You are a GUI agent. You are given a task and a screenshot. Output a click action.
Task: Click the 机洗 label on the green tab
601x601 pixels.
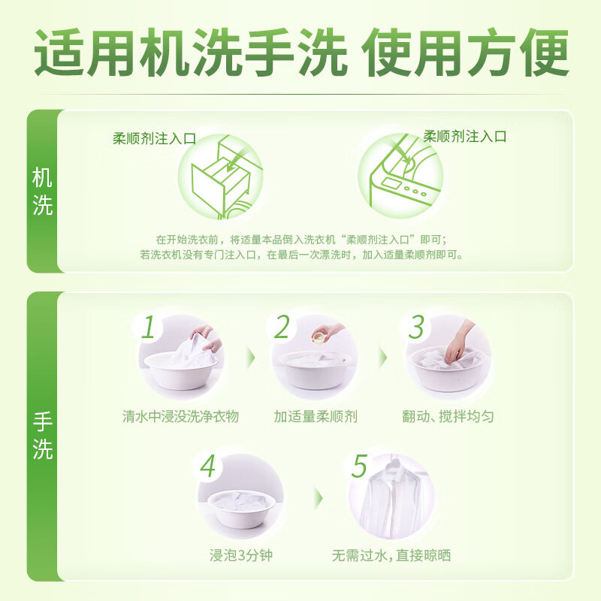pyautogui.click(x=43, y=192)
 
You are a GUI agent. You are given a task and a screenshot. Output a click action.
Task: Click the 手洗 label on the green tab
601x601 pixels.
pyautogui.click(x=43, y=436)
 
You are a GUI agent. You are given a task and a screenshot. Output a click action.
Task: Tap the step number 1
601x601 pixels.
pyautogui.click(x=149, y=328)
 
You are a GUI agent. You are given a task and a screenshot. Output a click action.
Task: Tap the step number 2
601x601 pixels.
pyautogui.click(x=282, y=328)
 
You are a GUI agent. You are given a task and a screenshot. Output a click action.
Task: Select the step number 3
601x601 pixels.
pyautogui.click(x=416, y=328)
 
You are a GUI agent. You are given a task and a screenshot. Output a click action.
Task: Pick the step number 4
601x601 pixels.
pyautogui.click(x=207, y=467)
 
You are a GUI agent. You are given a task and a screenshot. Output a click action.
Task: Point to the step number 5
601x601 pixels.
pyautogui.click(x=359, y=467)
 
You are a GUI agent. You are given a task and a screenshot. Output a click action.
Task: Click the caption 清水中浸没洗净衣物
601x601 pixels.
pyautogui.click(x=180, y=416)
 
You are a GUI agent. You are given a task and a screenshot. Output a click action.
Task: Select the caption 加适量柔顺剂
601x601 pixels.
pyautogui.click(x=315, y=416)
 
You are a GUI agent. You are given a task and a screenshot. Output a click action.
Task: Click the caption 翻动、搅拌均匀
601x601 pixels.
pyautogui.click(x=448, y=416)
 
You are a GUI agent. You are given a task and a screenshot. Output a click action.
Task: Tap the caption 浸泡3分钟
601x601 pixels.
pyautogui.click(x=240, y=556)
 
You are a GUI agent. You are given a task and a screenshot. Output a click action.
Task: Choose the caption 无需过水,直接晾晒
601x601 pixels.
pyautogui.click(x=391, y=556)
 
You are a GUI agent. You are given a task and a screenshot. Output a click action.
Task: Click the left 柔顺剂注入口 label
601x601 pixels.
pyautogui.click(x=154, y=138)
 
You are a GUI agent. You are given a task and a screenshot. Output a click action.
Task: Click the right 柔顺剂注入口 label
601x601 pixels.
pyautogui.click(x=465, y=136)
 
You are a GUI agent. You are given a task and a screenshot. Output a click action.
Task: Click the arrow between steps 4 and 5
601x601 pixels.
pyautogui.click(x=318, y=497)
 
